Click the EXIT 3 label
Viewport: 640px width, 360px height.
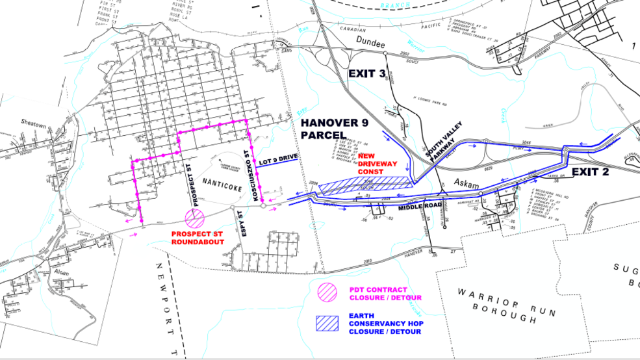[x=366, y=73]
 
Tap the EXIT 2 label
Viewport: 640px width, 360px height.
[x=592, y=172]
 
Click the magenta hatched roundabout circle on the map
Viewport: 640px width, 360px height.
[x=194, y=216]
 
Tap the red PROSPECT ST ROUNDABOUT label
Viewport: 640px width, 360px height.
[x=199, y=237]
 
